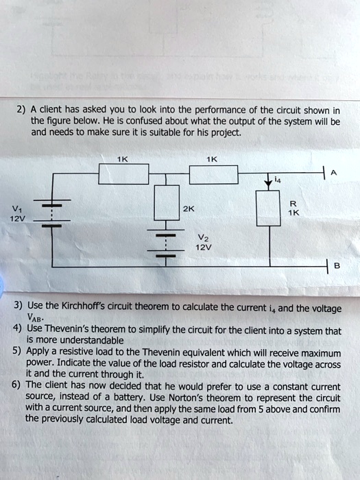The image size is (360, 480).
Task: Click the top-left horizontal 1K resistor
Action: point(124,175)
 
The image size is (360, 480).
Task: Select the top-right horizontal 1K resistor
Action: point(214,175)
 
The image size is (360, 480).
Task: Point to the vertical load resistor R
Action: point(267,207)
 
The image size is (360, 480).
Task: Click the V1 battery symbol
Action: point(53,216)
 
